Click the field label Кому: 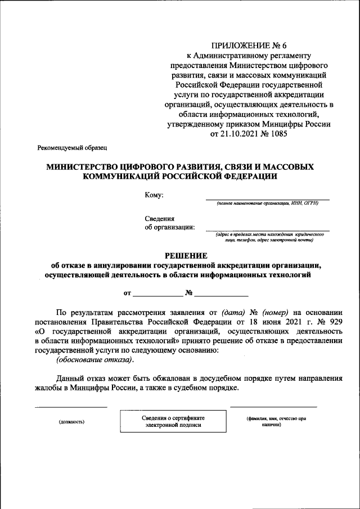click(x=154, y=195)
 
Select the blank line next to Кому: click(x=267, y=199)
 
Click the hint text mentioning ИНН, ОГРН click(x=267, y=204)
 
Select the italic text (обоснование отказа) click(x=94, y=361)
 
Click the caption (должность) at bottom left click(x=71, y=421)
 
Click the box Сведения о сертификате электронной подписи click(x=173, y=421)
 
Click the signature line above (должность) click(x=71, y=406)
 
